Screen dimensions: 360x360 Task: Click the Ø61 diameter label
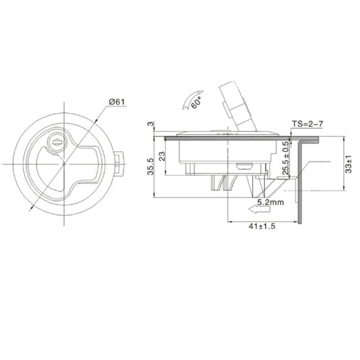pyautogui.click(x=116, y=102)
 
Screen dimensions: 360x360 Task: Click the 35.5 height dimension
pyautogui.click(x=150, y=166)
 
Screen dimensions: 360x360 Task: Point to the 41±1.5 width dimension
pyautogui.click(x=261, y=226)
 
